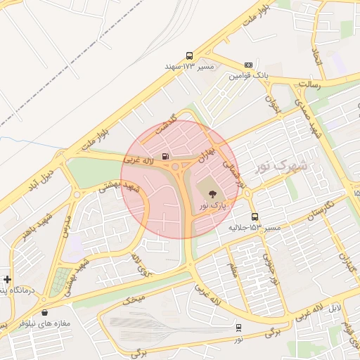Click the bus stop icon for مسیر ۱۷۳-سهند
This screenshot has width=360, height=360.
tap(189, 56)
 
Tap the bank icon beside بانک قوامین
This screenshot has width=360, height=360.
tap(248, 64)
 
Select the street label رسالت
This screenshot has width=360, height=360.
tap(309, 83)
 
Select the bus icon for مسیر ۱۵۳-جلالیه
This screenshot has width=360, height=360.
tap(254, 217)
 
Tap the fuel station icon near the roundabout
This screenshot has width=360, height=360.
tap(165, 156)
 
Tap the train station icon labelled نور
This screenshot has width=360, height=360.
tap(239, 327)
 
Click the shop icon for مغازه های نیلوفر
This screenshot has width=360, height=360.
tap(46, 312)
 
